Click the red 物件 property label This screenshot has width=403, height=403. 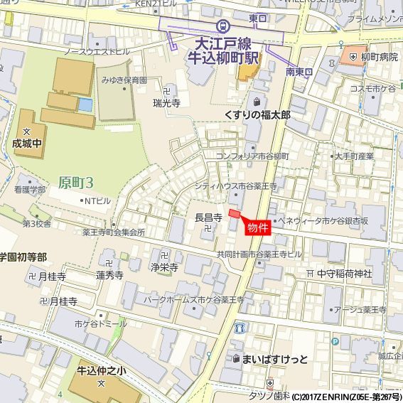click(x=258, y=227)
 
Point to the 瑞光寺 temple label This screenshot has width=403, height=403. click(x=166, y=103)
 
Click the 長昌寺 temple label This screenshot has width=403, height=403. click(x=208, y=217)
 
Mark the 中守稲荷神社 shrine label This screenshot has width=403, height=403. click(x=344, y=273)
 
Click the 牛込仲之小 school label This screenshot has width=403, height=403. click(x=102, y=371)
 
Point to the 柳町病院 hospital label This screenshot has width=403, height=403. click(x=379, y=56)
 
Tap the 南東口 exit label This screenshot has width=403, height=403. click(x=300, y=72)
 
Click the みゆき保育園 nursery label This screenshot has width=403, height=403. click(x=124, y=80)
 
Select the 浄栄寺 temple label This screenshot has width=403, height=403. click(x=163, y=267)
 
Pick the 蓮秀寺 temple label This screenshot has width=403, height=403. click(x=110, y=274)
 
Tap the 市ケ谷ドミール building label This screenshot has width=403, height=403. click(x=100, y=323)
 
